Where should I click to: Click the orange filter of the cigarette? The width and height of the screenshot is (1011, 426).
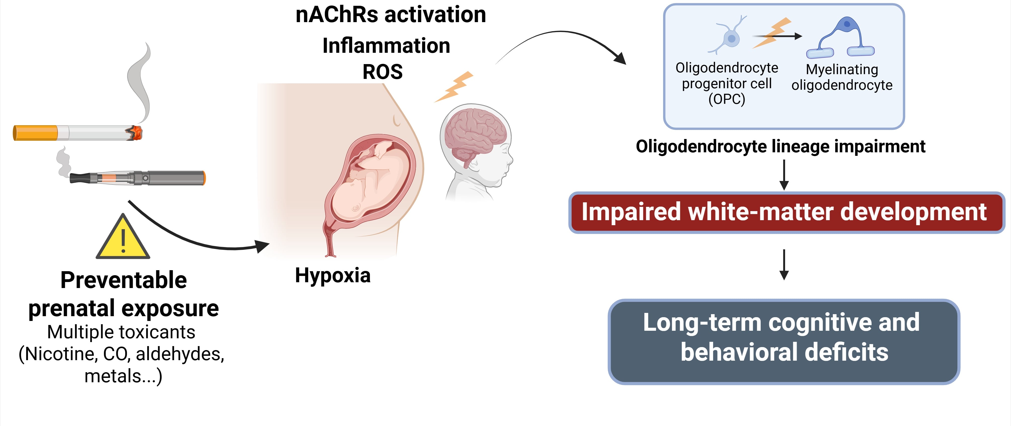35,133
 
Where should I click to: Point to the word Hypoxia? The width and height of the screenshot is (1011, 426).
332,275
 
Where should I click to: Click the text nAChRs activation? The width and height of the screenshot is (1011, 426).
390,15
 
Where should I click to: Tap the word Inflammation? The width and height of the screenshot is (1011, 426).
386,46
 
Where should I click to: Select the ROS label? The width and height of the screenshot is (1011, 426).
382,72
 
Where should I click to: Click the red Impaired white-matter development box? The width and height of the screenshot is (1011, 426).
786,212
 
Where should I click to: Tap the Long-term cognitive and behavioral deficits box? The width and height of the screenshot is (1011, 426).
784,341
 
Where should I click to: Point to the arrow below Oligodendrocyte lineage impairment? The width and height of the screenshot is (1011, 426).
784,175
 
